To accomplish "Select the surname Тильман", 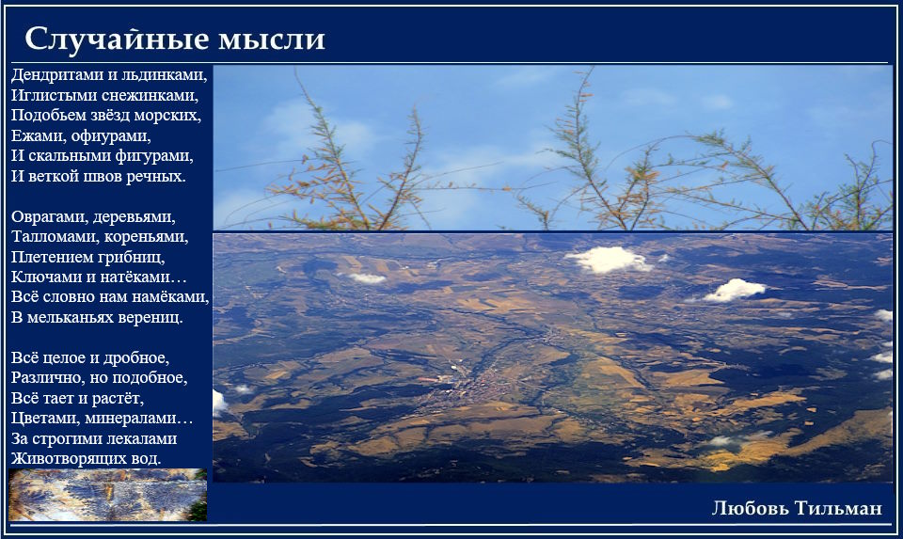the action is point(838,508).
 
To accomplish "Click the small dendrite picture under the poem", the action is point(107,495).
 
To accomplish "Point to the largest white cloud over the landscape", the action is point(610,259).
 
